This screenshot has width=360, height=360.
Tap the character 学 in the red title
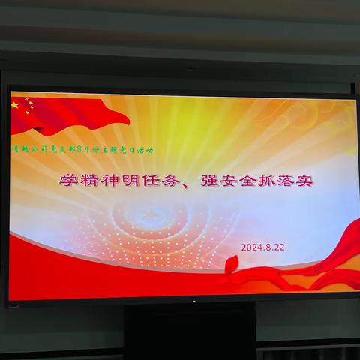[x=69, y=181]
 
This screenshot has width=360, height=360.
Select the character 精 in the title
[x=91, y=181]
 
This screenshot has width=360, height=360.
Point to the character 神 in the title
[x=112, y=181]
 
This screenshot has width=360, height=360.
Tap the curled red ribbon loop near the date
[x=232, y=265]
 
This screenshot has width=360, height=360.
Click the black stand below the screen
[x=179, y=330]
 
